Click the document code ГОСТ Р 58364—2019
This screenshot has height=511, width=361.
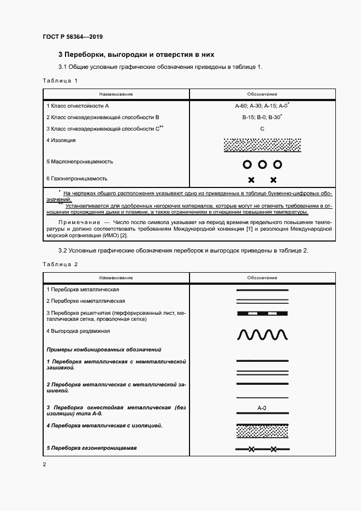[72, 37]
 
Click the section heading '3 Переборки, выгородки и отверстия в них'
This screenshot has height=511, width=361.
[137, 55]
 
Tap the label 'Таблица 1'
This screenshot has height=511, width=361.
[60, 81]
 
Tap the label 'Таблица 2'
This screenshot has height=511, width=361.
[60, 265]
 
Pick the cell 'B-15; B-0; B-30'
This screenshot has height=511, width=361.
[261, 117]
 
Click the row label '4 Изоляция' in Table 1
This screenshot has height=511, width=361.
[61, 140]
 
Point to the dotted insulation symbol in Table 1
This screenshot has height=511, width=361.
[262, 145]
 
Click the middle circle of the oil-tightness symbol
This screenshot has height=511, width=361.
[262, 164]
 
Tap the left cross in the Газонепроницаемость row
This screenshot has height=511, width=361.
[251, 180]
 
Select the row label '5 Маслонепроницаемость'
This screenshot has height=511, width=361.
[80, 162]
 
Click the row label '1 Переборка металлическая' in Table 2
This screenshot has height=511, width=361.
[82, 289]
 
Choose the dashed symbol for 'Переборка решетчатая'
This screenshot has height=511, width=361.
[262, 314]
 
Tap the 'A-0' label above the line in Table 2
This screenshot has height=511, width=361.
[262, 408]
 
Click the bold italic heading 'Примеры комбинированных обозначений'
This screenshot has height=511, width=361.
[104, 349]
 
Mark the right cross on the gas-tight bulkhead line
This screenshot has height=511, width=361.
[273, 450]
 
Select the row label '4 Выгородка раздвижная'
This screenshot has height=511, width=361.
[79, 331]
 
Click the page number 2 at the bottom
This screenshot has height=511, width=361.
[44, 465]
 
